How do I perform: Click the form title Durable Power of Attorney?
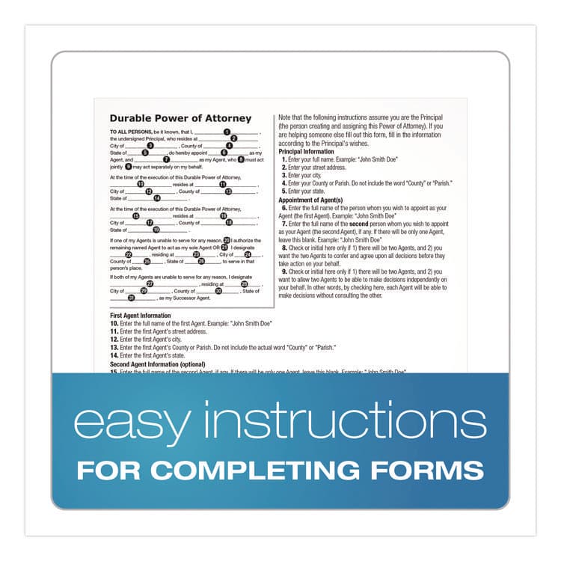point(180,118)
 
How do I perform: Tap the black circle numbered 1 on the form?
point(227,132)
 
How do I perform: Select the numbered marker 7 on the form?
point(166,159)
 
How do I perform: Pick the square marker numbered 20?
point(226,240)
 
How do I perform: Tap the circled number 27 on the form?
point(150,283)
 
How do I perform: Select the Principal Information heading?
point(307,151)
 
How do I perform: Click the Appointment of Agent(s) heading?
point(310,200)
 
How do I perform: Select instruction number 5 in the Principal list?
point(284,191)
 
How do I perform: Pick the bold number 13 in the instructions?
point(114,348)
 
